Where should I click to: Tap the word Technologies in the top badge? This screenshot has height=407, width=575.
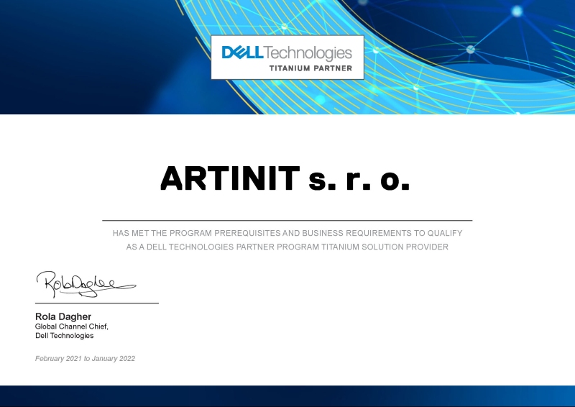[308, 52]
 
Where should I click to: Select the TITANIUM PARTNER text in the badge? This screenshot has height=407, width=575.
[310, 68]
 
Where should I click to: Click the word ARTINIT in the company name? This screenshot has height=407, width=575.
[229, 178]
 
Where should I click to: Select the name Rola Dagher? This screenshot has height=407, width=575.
[63, 316]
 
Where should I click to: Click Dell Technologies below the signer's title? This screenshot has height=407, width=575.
[65, 336]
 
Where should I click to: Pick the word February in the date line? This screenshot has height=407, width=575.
[50, 358]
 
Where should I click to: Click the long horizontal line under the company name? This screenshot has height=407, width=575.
[287, 220]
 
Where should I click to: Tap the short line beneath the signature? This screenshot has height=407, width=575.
[97, 303]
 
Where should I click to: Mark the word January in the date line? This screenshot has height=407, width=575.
[103, 358]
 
